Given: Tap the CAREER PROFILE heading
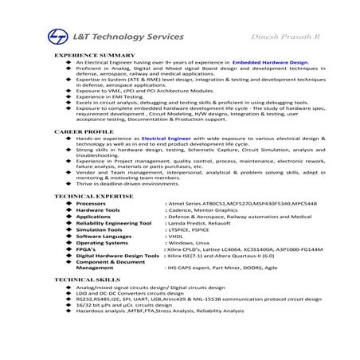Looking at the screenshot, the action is coord(80,131).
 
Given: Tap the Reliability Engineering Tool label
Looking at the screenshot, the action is coord(114,223).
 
